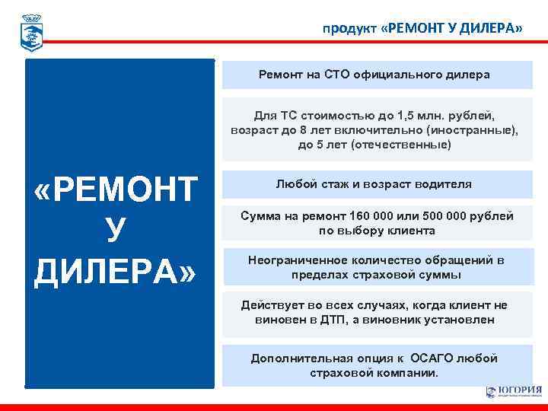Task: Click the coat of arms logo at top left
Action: (31, 31)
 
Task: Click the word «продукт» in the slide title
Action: (348, 29)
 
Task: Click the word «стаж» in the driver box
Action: (339, 184)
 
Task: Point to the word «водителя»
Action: (438, 184)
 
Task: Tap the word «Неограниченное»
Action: (296, 260)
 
